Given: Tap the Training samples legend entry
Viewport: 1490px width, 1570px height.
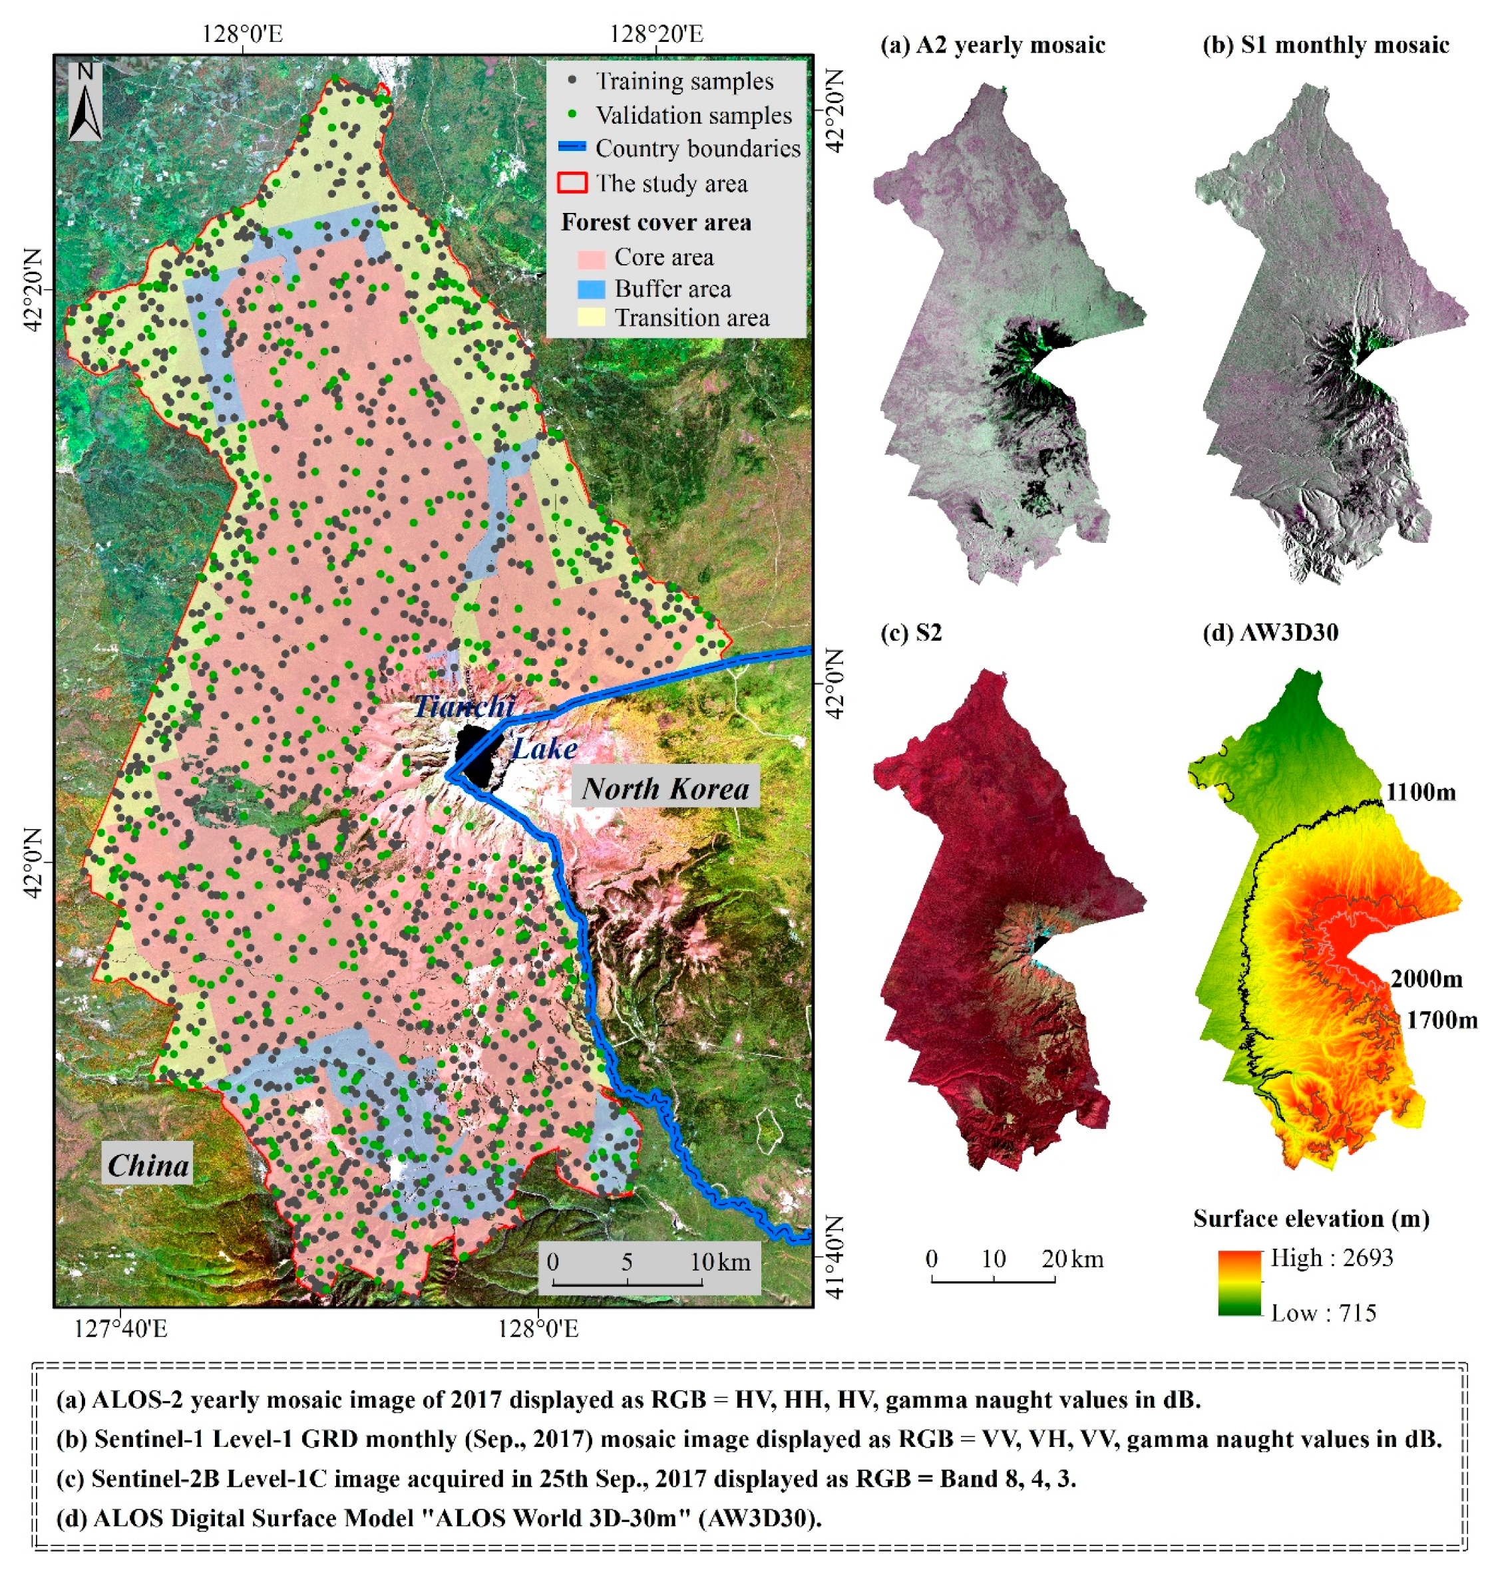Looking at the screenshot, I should click(683, 82).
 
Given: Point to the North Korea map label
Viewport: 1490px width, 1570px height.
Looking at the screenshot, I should click(665, 788).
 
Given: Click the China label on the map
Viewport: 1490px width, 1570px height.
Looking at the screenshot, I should click(148, 1165).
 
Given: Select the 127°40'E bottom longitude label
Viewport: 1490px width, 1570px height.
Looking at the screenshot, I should click(120, 1328).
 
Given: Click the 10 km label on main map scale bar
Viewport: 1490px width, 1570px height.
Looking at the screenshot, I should click(719, 1262).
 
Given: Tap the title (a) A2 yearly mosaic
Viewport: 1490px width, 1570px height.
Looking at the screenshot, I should click(992, 45).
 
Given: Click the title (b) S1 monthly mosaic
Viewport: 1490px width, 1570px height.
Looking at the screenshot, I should click(1326, 45).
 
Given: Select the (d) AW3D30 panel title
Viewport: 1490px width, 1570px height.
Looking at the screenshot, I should click(1271, 633).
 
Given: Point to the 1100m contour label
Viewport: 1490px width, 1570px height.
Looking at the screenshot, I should click(1421, 792).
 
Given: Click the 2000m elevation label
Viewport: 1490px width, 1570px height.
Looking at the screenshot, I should click(1427, 979).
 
